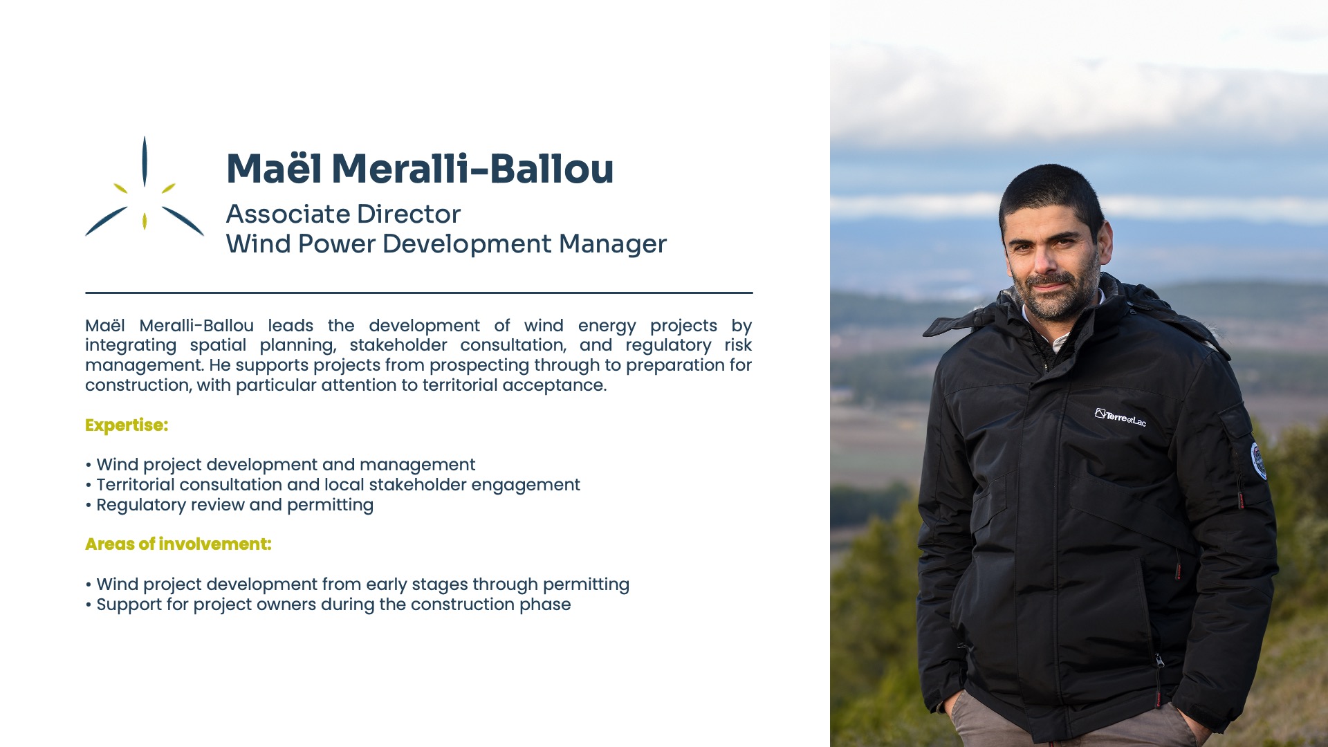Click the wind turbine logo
click(144, 187)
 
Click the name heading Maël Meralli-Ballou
click(420, 169)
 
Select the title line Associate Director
click(343, 214)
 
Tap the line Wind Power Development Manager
click(446, 244)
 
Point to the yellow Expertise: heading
click(127, 425)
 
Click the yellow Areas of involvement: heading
click(178, 544)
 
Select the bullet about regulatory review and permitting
click(230, 505)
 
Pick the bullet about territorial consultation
click(333, 485)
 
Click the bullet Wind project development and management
click(280, 465)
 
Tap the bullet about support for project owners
click(328, 605)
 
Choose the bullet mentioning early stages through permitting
click(358, 584)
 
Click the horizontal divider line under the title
click(419, 293)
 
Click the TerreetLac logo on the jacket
click(1120, 418)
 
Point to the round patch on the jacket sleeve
click(1259, 461)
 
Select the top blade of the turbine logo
click(144, 160)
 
